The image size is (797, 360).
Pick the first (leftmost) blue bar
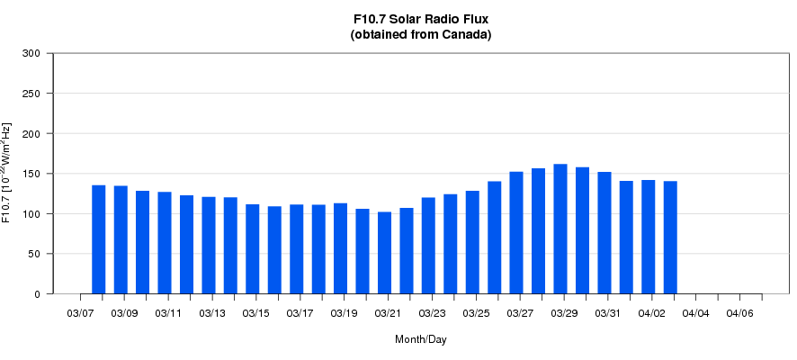pos(99,239)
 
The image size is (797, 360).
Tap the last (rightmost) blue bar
pos(670,238)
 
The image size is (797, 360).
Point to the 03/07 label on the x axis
pos(81,313)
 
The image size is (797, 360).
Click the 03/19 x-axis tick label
pos(345,313)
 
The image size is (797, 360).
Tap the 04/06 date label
pos(739,313)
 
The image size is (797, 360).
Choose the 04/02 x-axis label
pos(652,313)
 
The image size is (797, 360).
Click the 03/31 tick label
pos(608,313)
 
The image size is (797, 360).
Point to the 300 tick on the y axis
pos(31,53)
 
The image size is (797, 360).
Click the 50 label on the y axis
pos(34,254)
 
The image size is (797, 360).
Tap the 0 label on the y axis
pos(37,294)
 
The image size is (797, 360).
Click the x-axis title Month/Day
pos(421,339)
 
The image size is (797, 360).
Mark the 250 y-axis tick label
pos(31,94)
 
